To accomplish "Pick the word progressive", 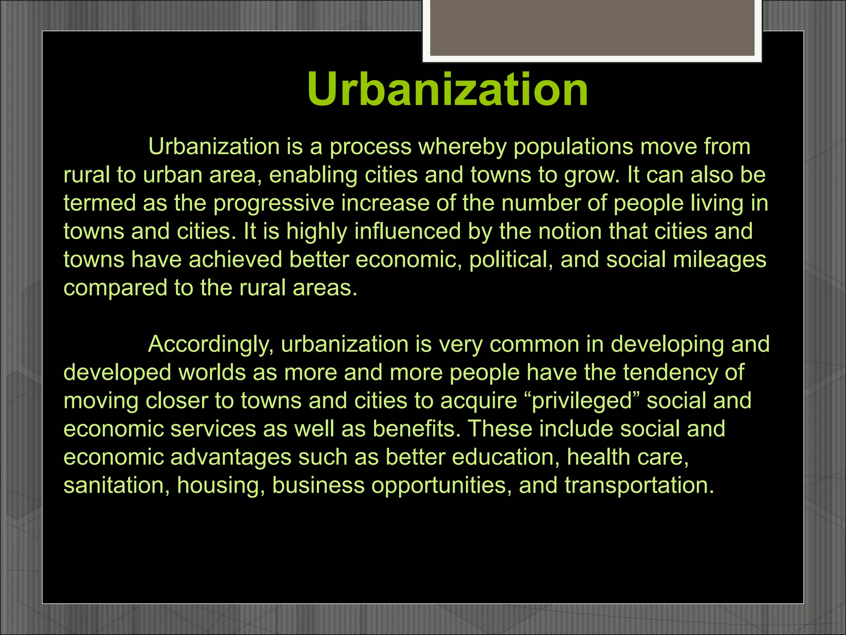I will [x=273, y=203].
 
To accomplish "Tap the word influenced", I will [x=407, y=231].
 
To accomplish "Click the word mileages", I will [x=719, y=260].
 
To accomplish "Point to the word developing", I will [x=667, y=344].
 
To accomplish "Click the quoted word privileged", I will [x=582, y=401].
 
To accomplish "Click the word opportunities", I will [x=438, y=485].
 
